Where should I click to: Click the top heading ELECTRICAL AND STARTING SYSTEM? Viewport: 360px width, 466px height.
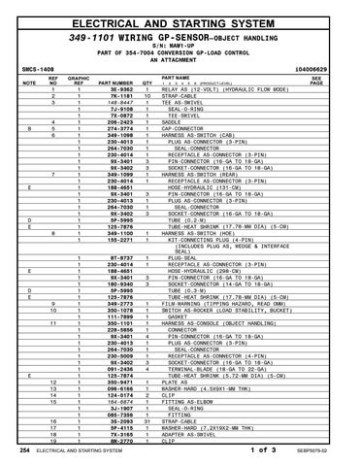pyautogui.click(x=179, y=13)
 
